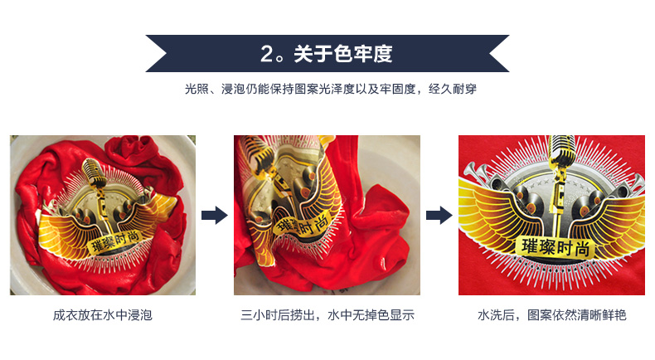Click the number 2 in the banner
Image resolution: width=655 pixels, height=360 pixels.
[267, 55]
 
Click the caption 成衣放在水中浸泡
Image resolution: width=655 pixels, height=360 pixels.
[102, 315]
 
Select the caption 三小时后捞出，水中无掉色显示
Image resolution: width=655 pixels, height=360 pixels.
[327, 315]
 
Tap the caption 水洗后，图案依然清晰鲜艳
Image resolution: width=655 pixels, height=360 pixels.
[551, 315]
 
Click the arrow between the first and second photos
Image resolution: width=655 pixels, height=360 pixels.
[215, 216]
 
